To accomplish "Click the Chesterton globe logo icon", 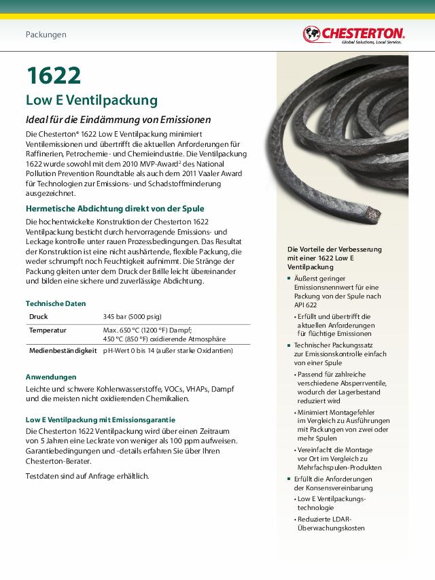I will point(311,33).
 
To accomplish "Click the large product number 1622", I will point(54,75).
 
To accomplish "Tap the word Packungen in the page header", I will point(46,34).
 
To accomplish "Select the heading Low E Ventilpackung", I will point(92,101).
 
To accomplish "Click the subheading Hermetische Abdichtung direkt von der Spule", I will point(115,208).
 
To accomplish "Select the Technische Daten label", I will point(56,303).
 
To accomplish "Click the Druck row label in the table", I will point(39,317).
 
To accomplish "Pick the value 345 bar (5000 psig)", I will point(132,317).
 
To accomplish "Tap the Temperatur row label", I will point(48,330).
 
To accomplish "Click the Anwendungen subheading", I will point(51,376).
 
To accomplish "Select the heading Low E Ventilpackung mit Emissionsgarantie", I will point(100,420).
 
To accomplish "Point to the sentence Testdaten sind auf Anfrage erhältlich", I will point(87,476).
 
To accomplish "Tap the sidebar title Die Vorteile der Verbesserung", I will point(334,250).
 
